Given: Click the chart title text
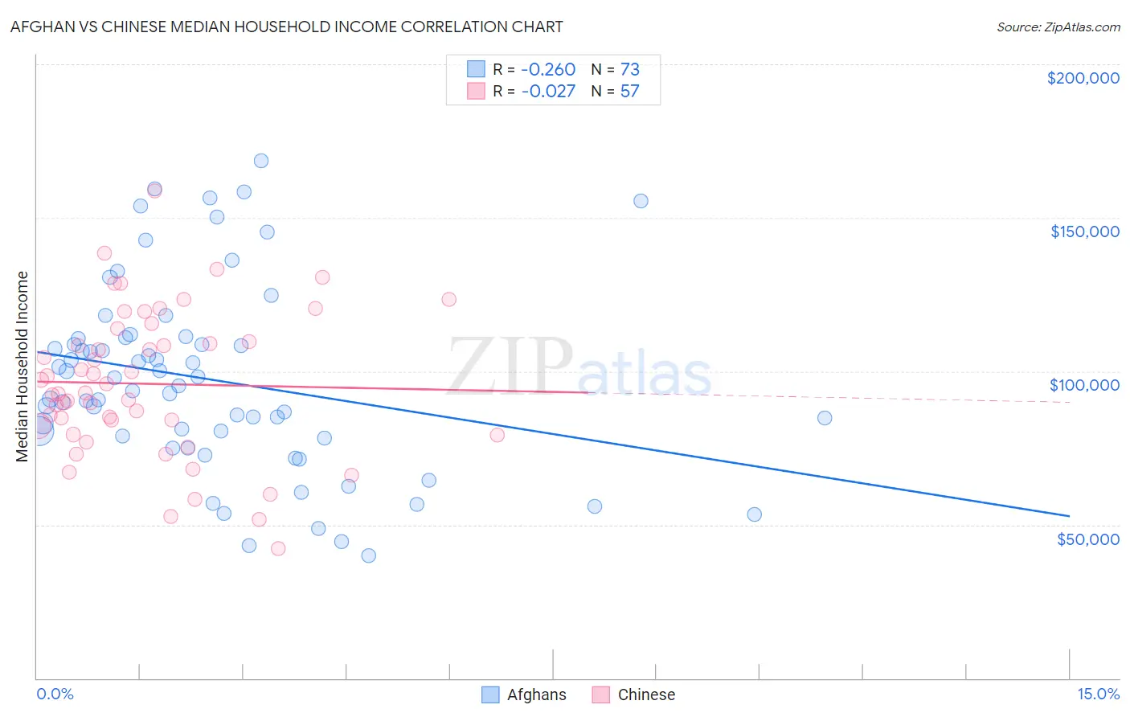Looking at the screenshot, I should pos(286,27).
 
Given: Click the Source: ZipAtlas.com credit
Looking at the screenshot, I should pos(1058,27).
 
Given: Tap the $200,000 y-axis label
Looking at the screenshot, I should pos(1083,78).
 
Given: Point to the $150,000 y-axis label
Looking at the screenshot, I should pos(1084,231).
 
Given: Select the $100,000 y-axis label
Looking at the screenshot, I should pos(1084,385).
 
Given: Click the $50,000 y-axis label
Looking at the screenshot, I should pos(1087,539).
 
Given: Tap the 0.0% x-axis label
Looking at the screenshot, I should pos(55,694).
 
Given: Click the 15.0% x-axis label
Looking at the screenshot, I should pos(1098,694).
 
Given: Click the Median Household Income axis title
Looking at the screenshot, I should pos(22,367).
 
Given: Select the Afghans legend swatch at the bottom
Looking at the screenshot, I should pos(490,694).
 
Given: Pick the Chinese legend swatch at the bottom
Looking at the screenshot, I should pos(601,694).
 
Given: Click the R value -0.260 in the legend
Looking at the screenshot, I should pos(548,69).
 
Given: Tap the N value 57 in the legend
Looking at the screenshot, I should pos(629,91).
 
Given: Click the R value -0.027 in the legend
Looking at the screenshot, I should pos(548,91).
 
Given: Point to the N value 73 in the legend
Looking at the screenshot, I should pos(629,69).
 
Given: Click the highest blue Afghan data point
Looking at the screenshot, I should pos(261,161).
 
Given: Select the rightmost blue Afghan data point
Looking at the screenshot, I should pos(825,418).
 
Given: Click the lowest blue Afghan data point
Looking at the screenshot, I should pos(369,555).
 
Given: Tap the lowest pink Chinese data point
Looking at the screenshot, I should pos(278,548).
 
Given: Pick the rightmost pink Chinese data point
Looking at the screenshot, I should pos(497,435).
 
